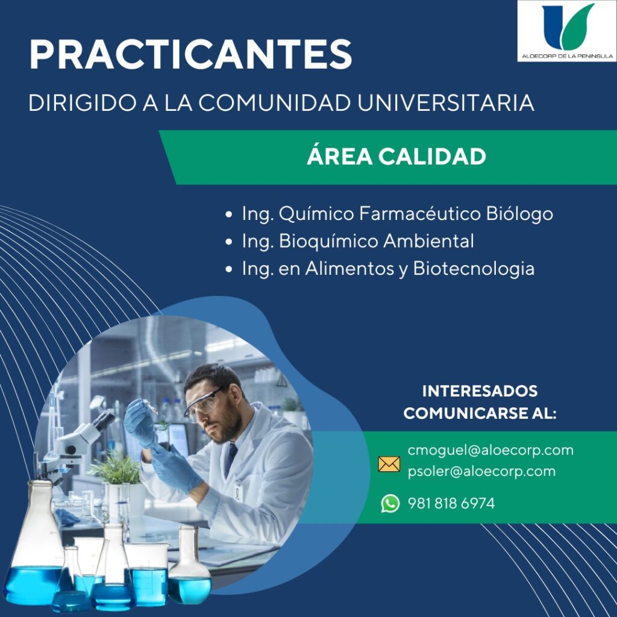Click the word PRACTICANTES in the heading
pyautogui.click(x=190, y=54)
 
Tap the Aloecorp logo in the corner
pyautogui.click(x=566, y=31)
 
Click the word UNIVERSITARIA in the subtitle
pyautogui.click(x=445, y=102)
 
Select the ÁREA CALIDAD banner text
pyautogui.click(x=396, y=156)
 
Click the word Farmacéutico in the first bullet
pyautogui.click(x=419, y=214)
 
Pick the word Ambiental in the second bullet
pyautogui.click(x=428, y=241)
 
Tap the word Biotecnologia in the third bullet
pyautogui.click(x=474, y=269)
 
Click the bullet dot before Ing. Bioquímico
pyautogui.click(x=228, y=242)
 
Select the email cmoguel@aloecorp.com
pyautogui.click(x=490, y=450)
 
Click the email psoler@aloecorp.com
pyautogui.click(x=481, y=471)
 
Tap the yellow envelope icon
pyautogui.click(x=389, y=465)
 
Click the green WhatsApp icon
pyautogui.click(x=390, y=503)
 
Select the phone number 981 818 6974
pyautogui.click(x=451, y=503)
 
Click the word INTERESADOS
pyautogui.click(x=480, y=391)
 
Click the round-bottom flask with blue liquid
pyautogui.click(x=189, y=566)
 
